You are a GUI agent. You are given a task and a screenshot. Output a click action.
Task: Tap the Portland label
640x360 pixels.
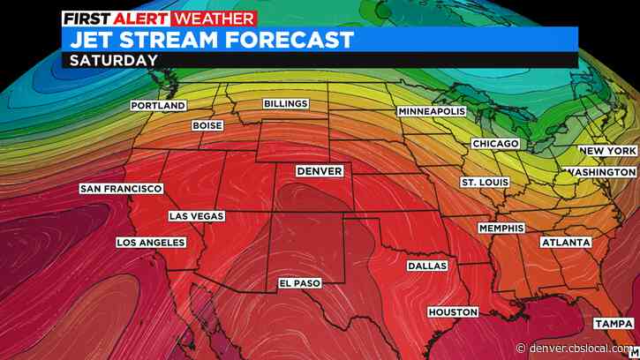(x=158, y=106)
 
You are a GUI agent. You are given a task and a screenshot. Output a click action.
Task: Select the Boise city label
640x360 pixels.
(x=207, y=126)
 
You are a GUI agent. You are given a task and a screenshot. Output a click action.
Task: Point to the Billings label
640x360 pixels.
(x=286, y=104)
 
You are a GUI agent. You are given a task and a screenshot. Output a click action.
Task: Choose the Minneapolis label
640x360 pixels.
(x=432, y=113)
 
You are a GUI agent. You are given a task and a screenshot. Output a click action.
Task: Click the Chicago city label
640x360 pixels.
(x=493, y=143)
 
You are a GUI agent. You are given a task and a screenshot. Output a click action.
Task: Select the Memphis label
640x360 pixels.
(x=501, y=229)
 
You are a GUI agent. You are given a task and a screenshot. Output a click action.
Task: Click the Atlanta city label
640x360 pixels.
(x=565, y=241)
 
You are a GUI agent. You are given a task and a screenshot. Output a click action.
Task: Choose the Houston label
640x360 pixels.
(x=453, y=312)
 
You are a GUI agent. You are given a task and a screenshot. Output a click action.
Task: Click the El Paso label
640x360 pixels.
(x=299, y=283)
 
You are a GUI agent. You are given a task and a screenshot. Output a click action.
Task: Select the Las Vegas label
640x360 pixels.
(x=197, y=216)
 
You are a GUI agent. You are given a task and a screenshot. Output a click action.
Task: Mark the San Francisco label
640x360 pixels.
(x=121, y=189)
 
